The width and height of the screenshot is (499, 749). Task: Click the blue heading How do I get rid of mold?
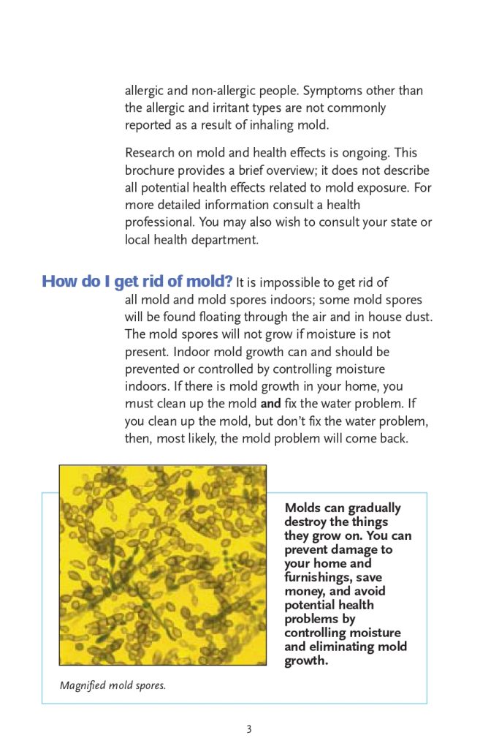(x=137, y=282)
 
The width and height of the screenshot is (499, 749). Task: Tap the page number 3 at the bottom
(x=249, y=729)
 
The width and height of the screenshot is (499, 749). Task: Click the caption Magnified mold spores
(x=113, y=685)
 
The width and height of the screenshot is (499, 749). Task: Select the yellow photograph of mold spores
(x=162, y=565)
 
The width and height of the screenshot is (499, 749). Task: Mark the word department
(x=224, y=239)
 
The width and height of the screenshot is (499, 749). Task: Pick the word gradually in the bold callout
(x=373, y=508)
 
